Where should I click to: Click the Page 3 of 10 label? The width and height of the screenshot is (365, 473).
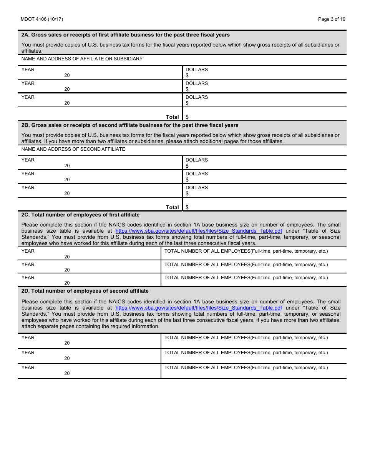[332, 19]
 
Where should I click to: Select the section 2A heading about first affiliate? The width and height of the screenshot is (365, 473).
[125, 35]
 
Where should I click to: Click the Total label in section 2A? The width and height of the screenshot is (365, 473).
[172, 117]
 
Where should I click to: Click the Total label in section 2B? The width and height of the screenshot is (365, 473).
[172, 207]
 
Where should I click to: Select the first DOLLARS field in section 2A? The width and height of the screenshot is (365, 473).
[264, 73]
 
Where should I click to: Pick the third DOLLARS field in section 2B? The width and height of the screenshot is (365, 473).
[264, 191]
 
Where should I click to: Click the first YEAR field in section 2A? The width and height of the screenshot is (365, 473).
[100, 73]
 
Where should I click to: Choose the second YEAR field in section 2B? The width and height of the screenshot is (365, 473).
[100, 177]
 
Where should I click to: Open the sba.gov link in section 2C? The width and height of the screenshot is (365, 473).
[199, 231]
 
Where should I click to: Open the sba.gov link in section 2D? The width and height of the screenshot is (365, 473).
[199, 308]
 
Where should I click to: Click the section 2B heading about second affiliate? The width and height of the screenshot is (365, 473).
[130, 125]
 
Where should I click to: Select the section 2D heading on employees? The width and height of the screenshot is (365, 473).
[85, 291]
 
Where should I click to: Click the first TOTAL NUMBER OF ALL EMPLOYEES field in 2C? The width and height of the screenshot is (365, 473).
[254, 254]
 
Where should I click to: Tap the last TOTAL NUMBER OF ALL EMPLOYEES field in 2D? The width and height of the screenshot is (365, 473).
[254, 371]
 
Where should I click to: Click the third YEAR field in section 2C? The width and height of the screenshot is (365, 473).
[89, 280]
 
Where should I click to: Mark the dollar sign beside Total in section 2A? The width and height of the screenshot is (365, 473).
[187, 117]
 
